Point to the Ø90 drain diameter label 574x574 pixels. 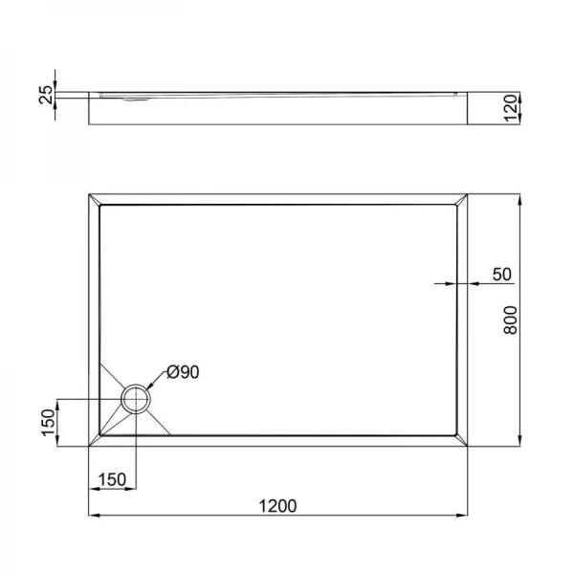click(x=183, y=372)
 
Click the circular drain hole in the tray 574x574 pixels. click(x=136, y=398)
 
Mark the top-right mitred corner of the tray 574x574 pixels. click(x=462, y=201)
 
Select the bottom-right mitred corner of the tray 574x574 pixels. click(x=462, y=439)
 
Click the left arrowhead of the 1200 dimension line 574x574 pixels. click(x=94, y=518)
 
